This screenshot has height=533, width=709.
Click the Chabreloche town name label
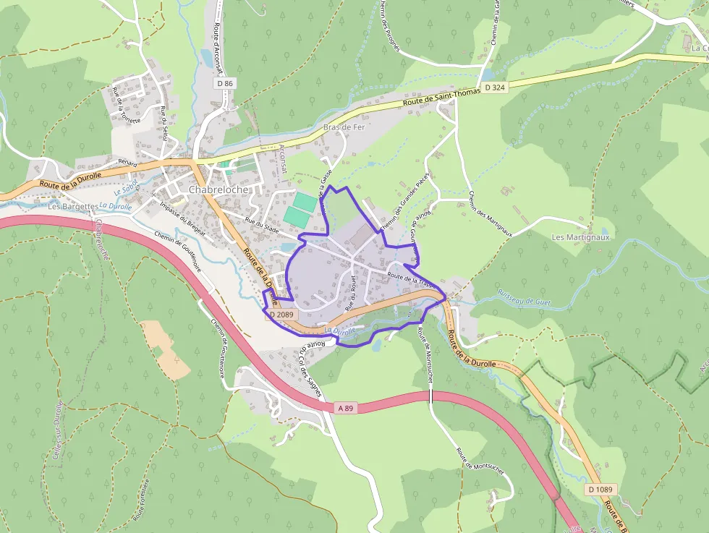tap(218, 189)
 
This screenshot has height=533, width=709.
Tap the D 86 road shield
tap(225, 84)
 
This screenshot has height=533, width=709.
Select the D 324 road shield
tap(495, 88)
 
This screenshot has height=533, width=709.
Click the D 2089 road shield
tap(281, 315)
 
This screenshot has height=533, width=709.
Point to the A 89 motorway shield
tap(345, 408)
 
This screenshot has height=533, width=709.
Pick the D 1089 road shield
tap(600, 490)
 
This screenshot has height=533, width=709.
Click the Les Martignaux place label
tap(581, 237)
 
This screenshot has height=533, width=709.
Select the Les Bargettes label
tap(72, 206)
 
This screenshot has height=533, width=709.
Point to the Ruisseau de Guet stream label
tap(524, 294)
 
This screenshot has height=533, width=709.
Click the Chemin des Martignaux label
tap(480, 214)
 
